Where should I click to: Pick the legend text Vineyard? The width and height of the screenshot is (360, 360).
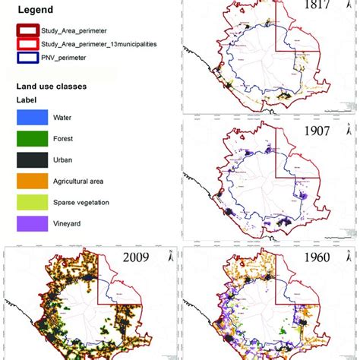coord(69,224)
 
